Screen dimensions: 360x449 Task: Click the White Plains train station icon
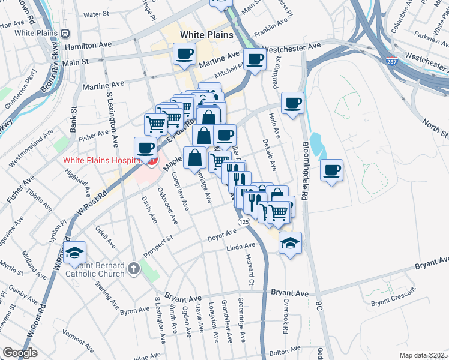(x=65, y=34)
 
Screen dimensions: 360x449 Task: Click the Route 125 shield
(x=244, y=222)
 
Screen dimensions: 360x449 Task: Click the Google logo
(x=20, y=353)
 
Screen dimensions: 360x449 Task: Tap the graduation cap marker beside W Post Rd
(x=76, y=252)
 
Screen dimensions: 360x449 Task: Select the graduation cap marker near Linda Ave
(x=291, y=243)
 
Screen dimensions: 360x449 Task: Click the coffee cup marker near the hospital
(x=145, y=147)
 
